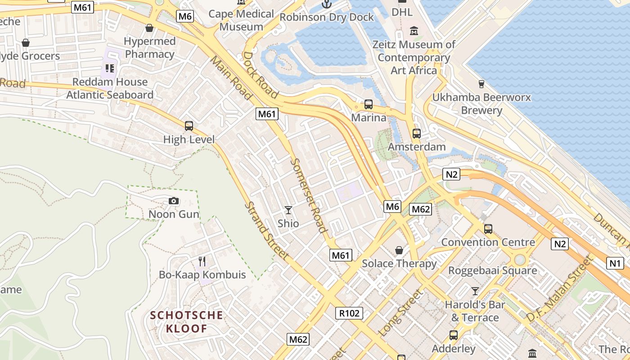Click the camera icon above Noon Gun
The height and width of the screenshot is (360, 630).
click(173, 201)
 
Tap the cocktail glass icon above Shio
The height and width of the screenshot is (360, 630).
click(288, 210)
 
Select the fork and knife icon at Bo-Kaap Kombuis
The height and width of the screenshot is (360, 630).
click(202, 261)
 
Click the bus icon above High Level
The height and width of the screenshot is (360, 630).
click(189, 126)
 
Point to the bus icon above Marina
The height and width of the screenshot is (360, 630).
click(369, 104)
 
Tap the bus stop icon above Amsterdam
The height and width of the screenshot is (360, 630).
click(417, 134)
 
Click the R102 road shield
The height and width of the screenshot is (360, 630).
click(349, 313)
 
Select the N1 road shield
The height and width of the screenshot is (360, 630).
click(615, 263)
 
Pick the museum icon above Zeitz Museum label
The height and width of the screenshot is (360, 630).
click(414, 31)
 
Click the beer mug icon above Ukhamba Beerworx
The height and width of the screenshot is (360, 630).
click(481, 84)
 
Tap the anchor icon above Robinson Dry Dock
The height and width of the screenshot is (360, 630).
click(326, 4)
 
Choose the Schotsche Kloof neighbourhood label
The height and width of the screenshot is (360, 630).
click(187, 322)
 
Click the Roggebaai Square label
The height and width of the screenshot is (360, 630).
click(492, 270)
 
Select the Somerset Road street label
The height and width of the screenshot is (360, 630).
click(309, 195)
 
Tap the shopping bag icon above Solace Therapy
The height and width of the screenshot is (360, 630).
click(399, 250)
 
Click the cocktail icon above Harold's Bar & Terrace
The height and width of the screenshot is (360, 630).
click(475, 291)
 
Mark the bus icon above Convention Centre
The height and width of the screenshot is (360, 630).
click(488, 229)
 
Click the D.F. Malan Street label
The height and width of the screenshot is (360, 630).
click(558, 288)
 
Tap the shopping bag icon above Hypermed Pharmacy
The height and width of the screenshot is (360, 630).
click(149, 28)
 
